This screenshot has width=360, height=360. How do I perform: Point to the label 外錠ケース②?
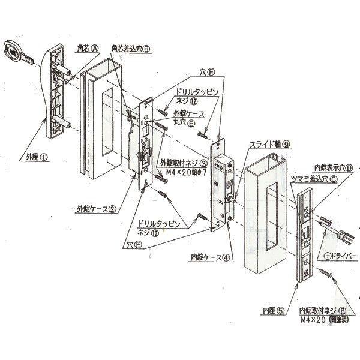[x=96, y=210]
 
